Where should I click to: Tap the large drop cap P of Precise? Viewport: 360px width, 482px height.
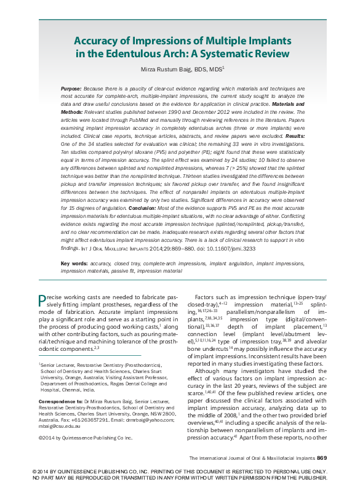(41, 300)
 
